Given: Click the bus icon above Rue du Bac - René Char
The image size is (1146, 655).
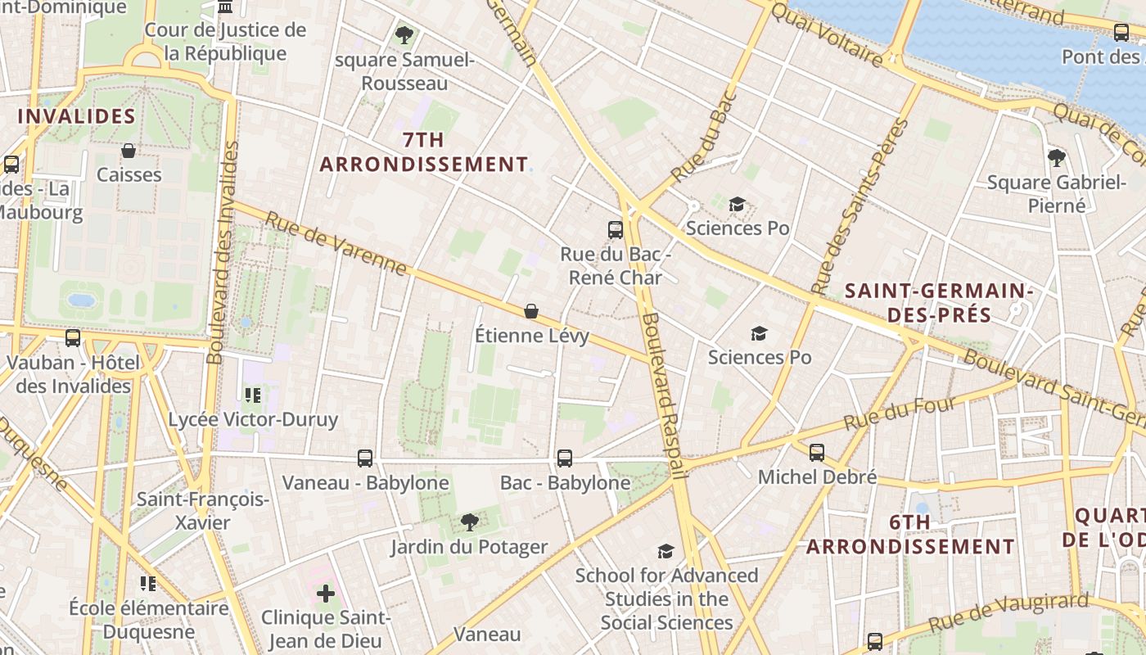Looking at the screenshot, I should click(616, 230).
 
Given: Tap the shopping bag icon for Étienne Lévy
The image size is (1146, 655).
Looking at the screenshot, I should click(531, 311).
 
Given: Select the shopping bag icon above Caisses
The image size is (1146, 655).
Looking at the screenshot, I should click(129, 151).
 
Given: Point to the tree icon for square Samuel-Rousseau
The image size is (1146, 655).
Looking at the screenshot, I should click(404, 35).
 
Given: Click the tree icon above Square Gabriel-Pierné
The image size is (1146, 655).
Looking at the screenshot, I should click(1056, 157).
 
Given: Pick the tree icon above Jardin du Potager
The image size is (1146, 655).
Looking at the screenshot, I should click(469, 522).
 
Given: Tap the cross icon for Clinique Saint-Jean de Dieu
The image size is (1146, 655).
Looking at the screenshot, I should click(326, 593).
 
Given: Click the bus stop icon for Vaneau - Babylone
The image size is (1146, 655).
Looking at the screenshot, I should click(365, 458).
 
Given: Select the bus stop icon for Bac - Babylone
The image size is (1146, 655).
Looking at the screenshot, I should click(565, 458).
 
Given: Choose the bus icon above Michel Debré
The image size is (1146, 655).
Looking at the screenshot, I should click(816, 453).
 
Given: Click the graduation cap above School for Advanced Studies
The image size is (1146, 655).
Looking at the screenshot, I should click(666, 551).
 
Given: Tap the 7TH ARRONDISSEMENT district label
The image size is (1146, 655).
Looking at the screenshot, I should click(424, 152).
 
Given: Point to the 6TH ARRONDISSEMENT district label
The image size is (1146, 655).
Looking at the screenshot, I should click(910, 535).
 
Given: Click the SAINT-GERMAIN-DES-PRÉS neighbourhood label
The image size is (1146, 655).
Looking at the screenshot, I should click(939, 303).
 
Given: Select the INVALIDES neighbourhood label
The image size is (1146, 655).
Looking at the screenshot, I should click(76, 116).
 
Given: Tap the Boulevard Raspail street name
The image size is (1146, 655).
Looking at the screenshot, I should click(663, 393).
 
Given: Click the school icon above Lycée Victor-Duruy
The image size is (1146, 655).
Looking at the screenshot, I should click(253, 396).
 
